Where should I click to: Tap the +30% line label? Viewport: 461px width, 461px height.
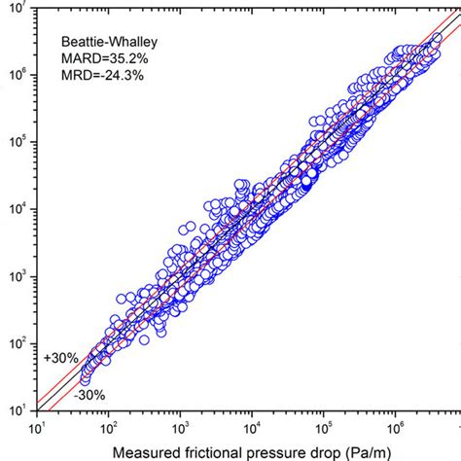61,357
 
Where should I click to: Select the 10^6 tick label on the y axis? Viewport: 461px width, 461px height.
18,75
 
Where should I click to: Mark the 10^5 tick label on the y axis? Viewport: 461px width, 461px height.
18,142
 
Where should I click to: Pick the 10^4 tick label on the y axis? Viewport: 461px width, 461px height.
18,209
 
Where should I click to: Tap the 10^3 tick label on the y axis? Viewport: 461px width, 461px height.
18,276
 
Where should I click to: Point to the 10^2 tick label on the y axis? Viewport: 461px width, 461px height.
18,343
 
